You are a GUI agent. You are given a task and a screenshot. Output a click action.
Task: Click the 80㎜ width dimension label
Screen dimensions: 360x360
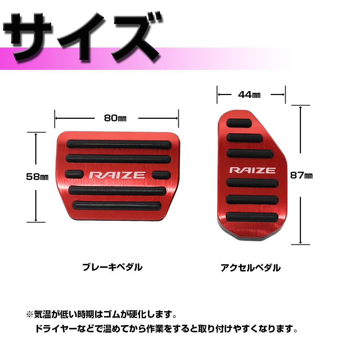116,118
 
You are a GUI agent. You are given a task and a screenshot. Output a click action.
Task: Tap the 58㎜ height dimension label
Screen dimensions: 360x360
37,176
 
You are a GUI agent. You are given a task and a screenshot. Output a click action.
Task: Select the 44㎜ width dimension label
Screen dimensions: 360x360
249,95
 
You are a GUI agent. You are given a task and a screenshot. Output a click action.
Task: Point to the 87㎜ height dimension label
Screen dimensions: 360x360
301,176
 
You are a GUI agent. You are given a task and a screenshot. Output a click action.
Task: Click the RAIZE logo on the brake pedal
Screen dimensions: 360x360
117,175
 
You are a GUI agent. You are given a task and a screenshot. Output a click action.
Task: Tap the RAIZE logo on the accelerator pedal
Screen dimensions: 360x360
252,170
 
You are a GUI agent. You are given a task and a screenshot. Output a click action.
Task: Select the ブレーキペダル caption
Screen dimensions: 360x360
112,267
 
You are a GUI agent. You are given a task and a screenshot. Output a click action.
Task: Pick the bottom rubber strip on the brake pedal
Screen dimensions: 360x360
116,206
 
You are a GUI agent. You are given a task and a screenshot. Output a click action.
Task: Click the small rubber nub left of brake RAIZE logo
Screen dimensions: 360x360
73,174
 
